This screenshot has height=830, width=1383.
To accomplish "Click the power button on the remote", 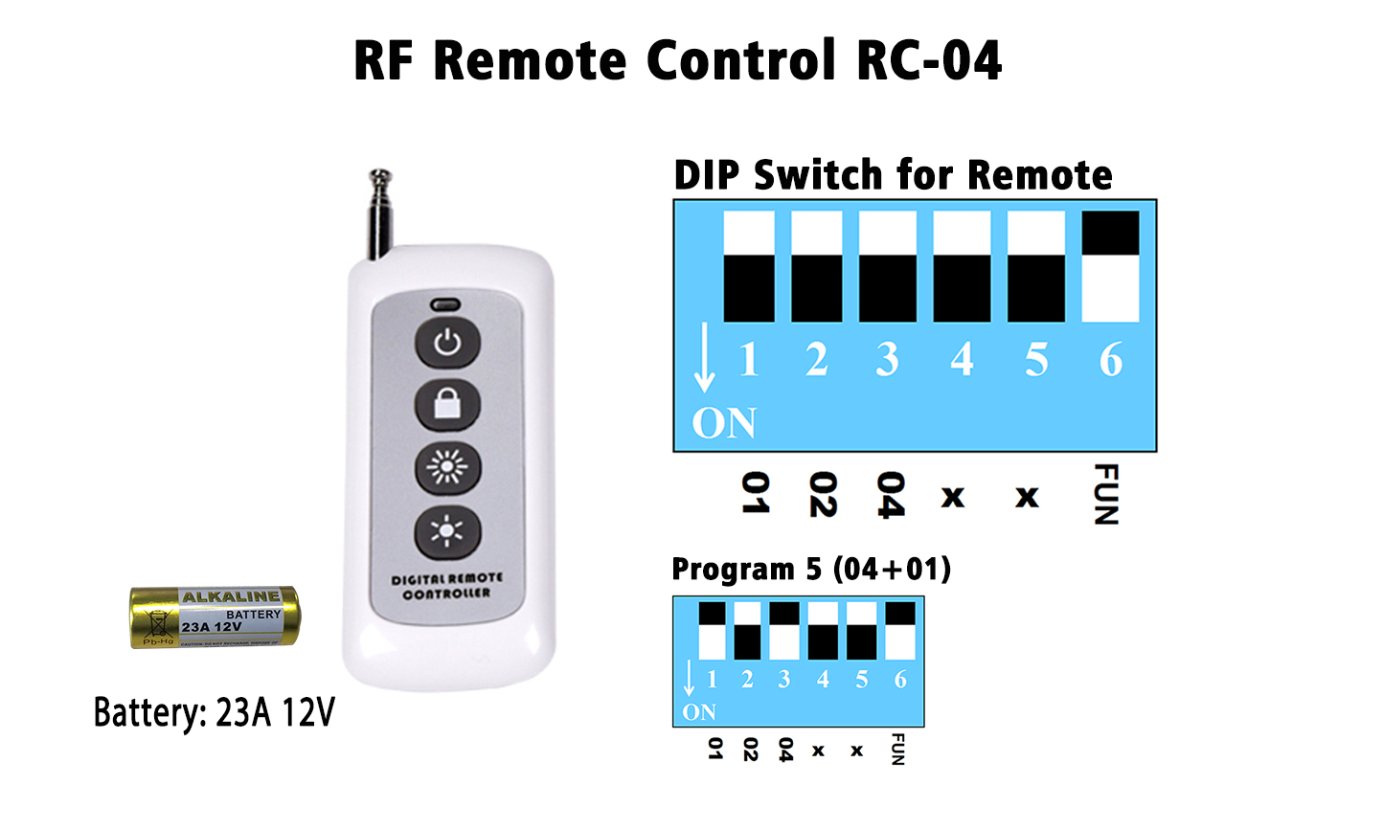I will click(x=447, y=342).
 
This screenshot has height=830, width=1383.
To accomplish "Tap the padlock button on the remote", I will click(x=447, y=404).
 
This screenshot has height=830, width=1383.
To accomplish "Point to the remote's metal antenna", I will click(x=380, y=213).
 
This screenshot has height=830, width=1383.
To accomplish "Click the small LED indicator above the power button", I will click(x=445, y=305).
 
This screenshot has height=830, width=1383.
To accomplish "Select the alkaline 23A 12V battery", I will click(x=215, y=617).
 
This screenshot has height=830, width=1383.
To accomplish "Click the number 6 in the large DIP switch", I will click(x=1110, y=360).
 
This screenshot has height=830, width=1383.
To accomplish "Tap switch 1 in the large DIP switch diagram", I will click(x=749, y=267).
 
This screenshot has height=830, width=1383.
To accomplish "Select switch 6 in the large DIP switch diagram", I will click(x=1110, y=267).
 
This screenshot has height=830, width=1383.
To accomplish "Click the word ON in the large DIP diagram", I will click(x=724, y=423).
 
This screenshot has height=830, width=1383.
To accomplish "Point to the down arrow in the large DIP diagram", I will click(x=704, y=358).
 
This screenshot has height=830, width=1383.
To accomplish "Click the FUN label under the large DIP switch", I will click(x=1106, y=494).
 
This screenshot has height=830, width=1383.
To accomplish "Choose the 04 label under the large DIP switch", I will click(x=891, y=495).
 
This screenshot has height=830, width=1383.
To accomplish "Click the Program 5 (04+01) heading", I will click(x=811, y=569).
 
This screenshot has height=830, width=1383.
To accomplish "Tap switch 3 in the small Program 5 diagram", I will click(x=784, y=631).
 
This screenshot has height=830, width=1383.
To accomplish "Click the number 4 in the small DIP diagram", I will click(x=823, y=680).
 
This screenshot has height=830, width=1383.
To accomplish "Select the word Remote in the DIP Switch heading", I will click(x=1039, y=175).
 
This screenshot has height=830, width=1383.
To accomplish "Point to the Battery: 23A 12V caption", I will click(x=215, y=713).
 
